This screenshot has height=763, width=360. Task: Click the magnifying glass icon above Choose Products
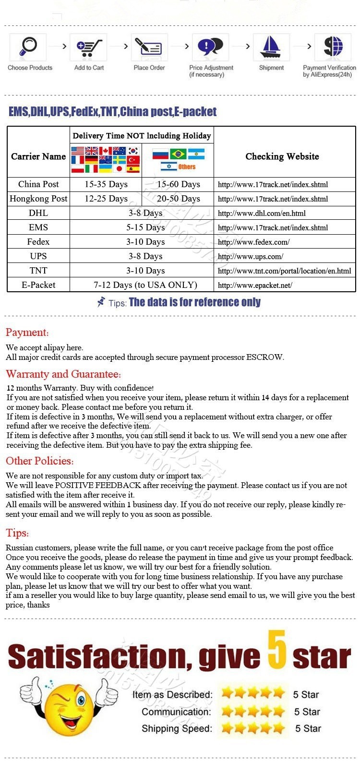28,47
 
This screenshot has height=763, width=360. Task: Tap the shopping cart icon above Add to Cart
89,47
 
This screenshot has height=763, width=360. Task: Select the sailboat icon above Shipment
271,47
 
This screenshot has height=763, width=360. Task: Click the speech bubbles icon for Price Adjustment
210,47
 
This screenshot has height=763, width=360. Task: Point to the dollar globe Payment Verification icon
333,47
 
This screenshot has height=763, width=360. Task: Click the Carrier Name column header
38,156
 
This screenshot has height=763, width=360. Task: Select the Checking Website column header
282,156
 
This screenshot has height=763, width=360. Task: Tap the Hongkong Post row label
38,199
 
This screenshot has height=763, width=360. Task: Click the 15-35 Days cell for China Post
106,184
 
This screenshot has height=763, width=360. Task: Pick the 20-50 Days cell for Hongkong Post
178,199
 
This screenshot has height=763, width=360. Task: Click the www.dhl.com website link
262,213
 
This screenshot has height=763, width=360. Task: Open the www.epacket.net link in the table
255,285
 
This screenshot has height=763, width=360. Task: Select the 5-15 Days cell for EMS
145,227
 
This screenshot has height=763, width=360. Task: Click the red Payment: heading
27,333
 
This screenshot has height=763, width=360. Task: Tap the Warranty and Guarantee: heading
63,374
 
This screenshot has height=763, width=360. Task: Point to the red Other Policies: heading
40,461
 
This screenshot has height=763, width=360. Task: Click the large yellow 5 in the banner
277,650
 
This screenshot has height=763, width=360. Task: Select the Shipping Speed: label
177,728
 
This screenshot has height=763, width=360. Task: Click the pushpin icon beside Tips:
101,302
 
